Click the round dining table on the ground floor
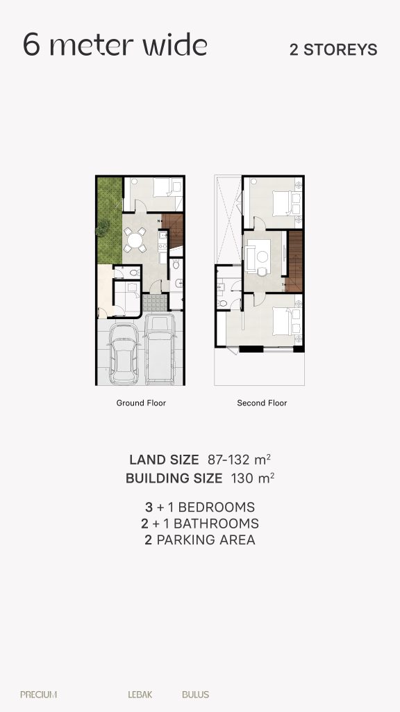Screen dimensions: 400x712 coord(135,240)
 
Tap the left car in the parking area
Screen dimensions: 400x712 coord(124,353)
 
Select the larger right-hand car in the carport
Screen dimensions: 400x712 coord(160,349)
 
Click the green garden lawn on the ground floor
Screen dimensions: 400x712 coord(110,220)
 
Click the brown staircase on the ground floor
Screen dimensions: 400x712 coord(173,231)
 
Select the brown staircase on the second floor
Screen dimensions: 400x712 coord(294,261)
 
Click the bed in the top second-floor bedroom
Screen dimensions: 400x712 coord(285,202)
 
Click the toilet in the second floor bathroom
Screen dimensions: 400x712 coord(222,303)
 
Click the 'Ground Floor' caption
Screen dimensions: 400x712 coord(141,403)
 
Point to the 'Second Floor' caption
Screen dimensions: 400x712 coord(262,403)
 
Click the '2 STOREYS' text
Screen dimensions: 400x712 coord(333,49)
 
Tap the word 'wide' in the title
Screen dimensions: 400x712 coord(175,45)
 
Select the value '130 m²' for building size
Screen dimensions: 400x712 coord(253,478)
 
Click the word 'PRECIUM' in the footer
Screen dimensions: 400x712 coord(39,695)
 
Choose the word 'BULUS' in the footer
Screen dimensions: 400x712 coord(195,695)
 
